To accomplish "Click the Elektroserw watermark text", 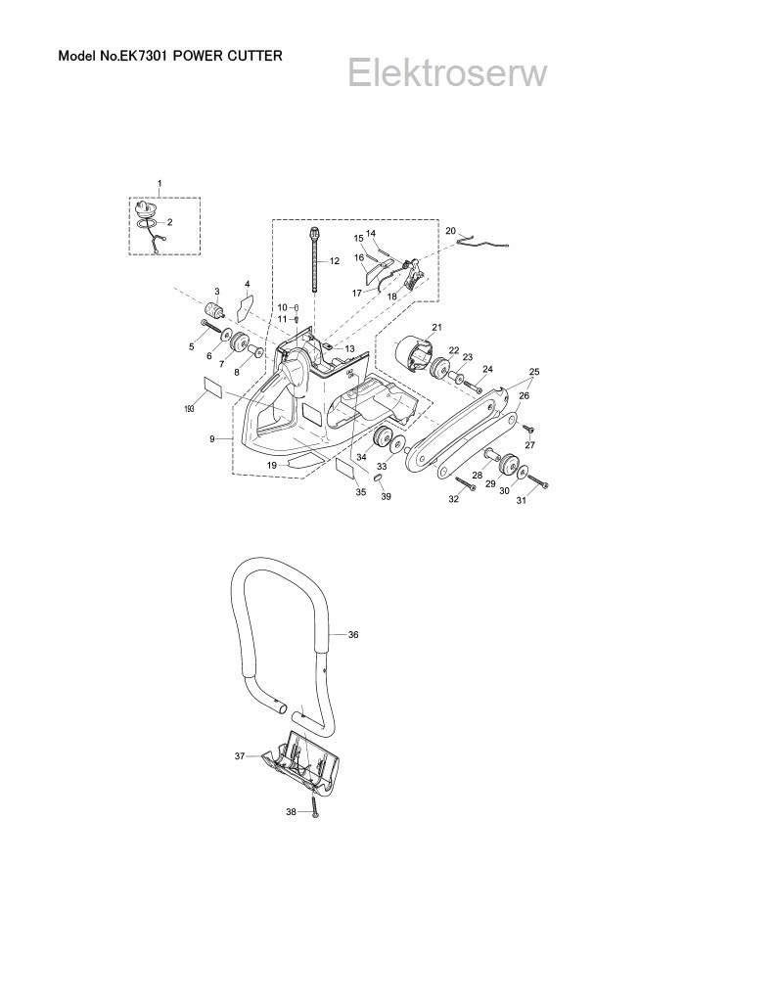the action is pyautogui.click(x=447, y=72).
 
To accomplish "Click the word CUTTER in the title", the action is pyautogui.click(x=251, y=56).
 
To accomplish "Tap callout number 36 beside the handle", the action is pyautogui.click(x=353, y=635).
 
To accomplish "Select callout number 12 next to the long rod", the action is pyautogui.click(x=334, y=261).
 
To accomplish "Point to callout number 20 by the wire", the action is pyautogui.click(x=450, y=231).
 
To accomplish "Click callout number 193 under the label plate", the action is pyautogui.click(x=189, y=407).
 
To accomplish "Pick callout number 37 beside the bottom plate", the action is pyautogui.click(x=239, y=755).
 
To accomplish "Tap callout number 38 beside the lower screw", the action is pyautogui.click(x=290, y=812).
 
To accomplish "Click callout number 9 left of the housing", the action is pyautogui.click(x=212, y=439).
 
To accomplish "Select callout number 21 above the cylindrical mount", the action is pyautogui.click(x=436, y=327).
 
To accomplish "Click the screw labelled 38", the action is pyautogui.click(x=315, y=809).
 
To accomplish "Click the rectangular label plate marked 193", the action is pyautogui.click(x=212, y=385).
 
